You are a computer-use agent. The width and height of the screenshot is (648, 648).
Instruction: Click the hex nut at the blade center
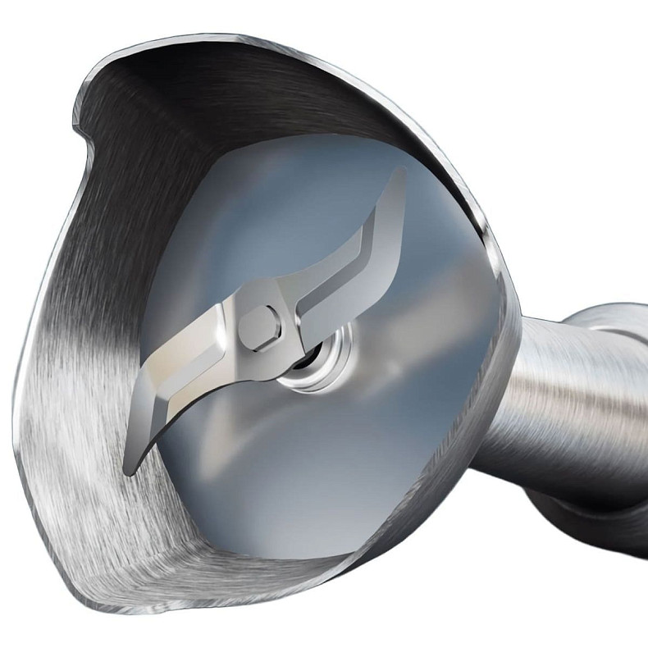[260, 330]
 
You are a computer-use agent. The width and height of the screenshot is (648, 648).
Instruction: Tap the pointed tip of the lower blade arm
[129, 469]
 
